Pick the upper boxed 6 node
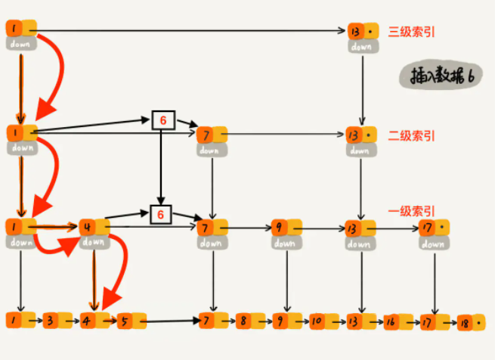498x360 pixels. tap(163, 120)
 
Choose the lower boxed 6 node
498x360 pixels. tap(160, 216)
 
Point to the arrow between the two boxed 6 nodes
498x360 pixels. tap(161, 166)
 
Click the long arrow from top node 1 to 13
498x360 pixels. tap(189, 31)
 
